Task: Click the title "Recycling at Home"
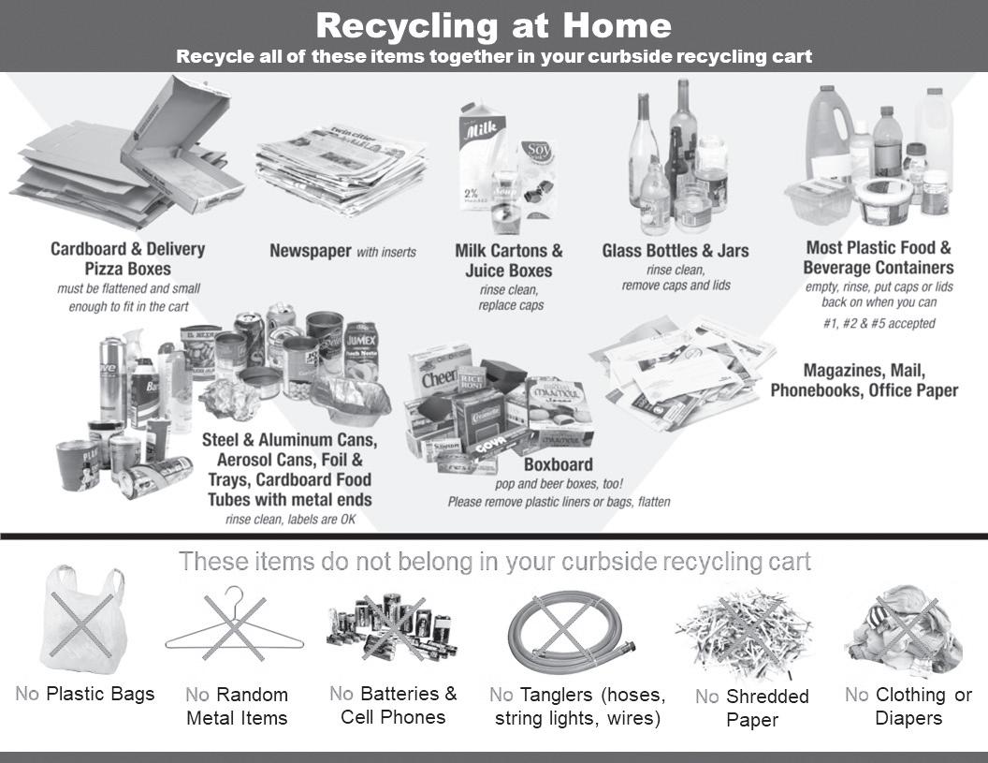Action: pyautogui.click(x=493, y=24)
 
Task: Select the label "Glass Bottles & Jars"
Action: pyautogui.click(x=675, y=251)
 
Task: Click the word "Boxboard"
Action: pyautogui.click(x=558, y=464)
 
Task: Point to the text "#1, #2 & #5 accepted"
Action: pyautogui.click(x=879, y=324)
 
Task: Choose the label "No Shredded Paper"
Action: pyautogui.click(x=752, y=708)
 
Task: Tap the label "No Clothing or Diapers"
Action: pyautogui.click(x=908, y=706)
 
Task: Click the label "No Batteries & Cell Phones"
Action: pyautogui.click(x=393, y=705)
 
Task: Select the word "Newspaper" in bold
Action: pyautogui.click(x=310, y=251)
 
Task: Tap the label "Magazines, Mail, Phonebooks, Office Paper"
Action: pyautogui.click(x=864, y=380)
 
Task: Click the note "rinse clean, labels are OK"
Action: pyautogui.click(x=291, y=519)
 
